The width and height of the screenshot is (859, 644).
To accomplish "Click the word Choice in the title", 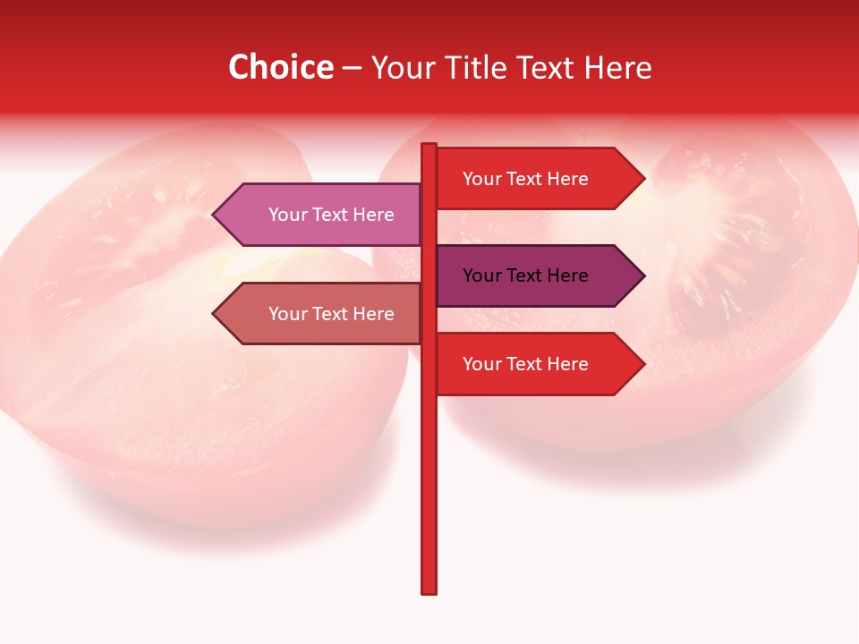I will [x=280, y=67].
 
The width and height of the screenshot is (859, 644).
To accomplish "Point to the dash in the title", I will [x=352, y=68].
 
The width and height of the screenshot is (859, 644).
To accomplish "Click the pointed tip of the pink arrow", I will [x=215, y=215].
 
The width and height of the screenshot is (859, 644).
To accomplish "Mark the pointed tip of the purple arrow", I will [x=642, y=275].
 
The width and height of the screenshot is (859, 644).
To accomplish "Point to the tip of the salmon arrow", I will [x=215, y=314].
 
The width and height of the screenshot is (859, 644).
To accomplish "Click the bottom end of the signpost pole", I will [x=429, y=590].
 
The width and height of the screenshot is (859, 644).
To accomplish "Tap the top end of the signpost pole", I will [x=429, y=146].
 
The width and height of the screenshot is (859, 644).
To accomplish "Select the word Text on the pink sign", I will [x=331, y=215].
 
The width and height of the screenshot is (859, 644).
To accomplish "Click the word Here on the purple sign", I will [x=566, y=275].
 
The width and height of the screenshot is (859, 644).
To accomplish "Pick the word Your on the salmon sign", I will [x=287, y=314].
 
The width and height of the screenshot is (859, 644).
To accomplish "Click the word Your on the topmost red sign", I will [x=481, y=179].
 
